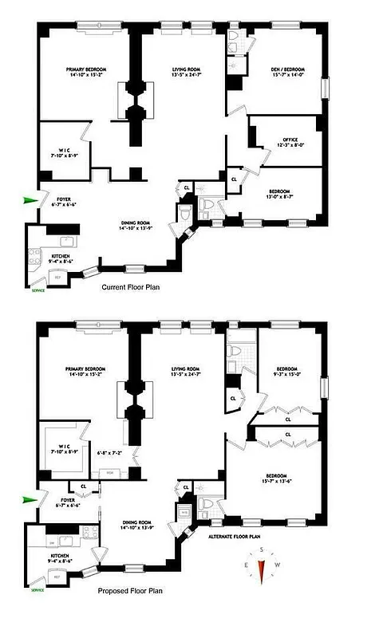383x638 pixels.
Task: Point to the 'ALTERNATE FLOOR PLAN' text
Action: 234,537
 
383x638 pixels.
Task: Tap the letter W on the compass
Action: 276,565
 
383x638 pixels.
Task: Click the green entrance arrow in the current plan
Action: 30,200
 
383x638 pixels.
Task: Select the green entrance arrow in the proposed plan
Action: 30,500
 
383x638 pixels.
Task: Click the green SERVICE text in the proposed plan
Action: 38,590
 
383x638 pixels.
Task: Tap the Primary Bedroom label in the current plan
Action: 86,73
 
